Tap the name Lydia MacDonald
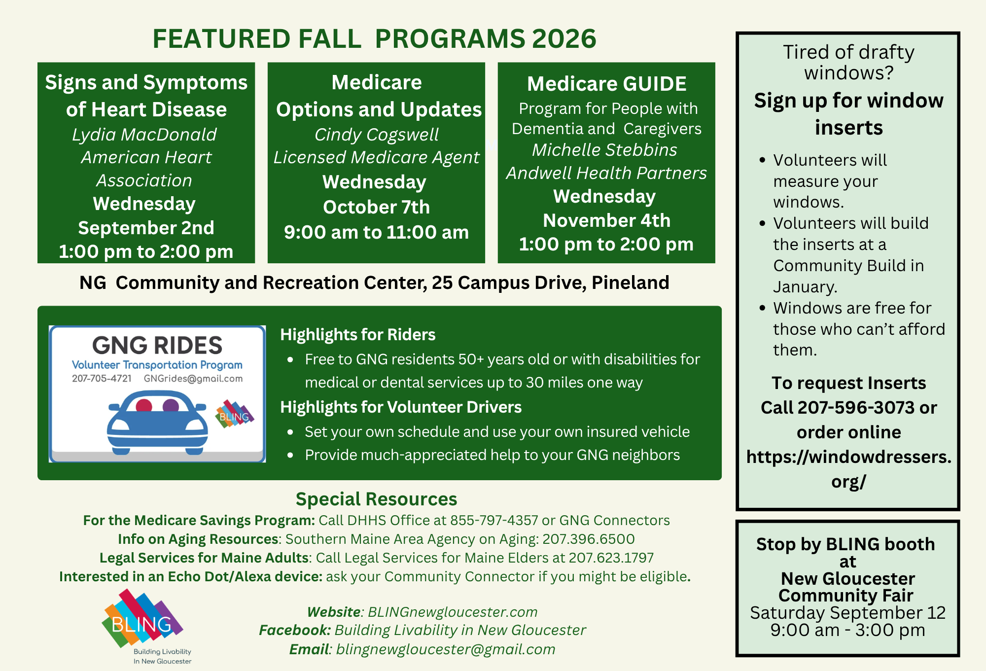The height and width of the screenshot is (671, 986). pos(144,135)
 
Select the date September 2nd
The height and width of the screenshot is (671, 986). pos(146,228)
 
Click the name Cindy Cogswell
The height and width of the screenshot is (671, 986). pos(377,135)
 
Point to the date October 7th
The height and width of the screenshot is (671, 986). pos(376,207)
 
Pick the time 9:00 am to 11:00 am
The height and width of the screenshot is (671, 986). pos(376,232)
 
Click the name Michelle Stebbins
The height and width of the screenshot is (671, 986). pos(605,150)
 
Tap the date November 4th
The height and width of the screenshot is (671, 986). pos(606,220)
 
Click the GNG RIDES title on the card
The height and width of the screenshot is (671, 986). pos(157,345)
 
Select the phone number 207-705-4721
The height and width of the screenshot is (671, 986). pos(102,379)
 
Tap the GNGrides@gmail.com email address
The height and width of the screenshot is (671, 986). pos(193,379)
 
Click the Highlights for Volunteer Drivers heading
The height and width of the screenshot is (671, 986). pos(401,407)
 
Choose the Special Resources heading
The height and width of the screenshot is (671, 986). pos(376,499)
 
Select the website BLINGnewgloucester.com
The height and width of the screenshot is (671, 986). pos(453,612)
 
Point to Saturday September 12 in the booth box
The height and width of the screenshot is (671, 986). pos(847,613)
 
